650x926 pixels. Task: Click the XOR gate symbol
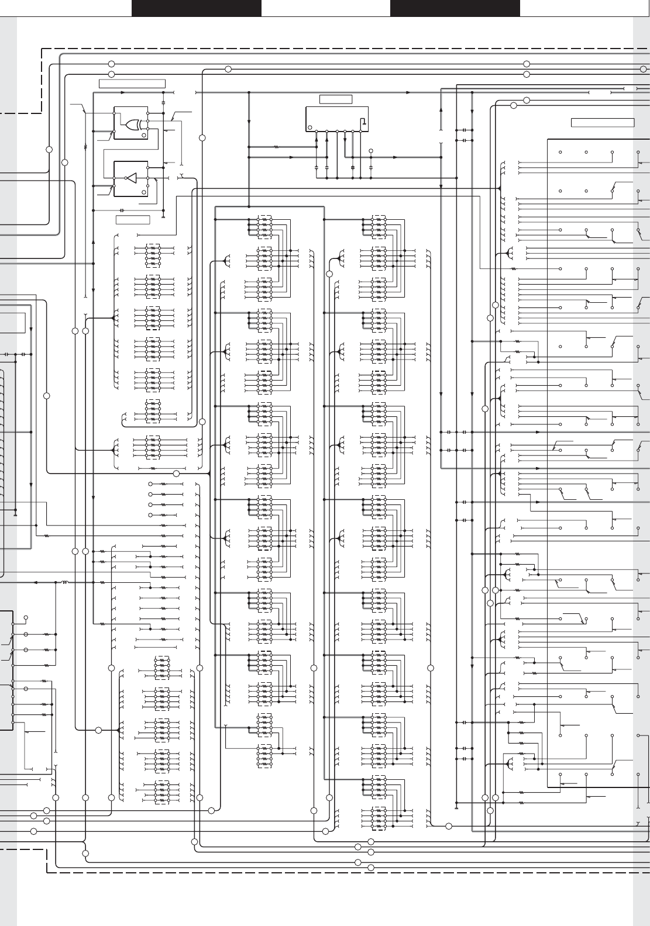(x=131, y=124)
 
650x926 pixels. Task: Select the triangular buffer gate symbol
(x=131, y=178)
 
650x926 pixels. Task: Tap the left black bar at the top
(x=196, y=8)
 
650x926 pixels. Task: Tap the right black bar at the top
(x=455, y=8)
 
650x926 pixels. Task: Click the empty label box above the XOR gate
(x=132, y=84)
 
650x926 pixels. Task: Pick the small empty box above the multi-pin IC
(x=336, y=99)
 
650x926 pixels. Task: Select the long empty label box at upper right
(x=603, y=122)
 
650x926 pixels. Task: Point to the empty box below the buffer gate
(x=133, y=220)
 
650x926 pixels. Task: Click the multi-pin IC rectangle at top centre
(x=337, y=119)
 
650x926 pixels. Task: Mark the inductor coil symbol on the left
(x=64, y=582)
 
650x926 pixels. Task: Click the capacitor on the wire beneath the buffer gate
(x=122, y=210)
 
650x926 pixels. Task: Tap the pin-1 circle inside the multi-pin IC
(x=310, y=127)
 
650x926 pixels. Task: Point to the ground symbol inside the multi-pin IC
(x=363, y=122)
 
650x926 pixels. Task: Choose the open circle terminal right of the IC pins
(x=371, y=151)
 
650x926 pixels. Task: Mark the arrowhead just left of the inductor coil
(x=36, y=582)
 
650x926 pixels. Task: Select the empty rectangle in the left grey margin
(x=12, y=322)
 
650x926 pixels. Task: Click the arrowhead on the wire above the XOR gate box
(x=123, y=92)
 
